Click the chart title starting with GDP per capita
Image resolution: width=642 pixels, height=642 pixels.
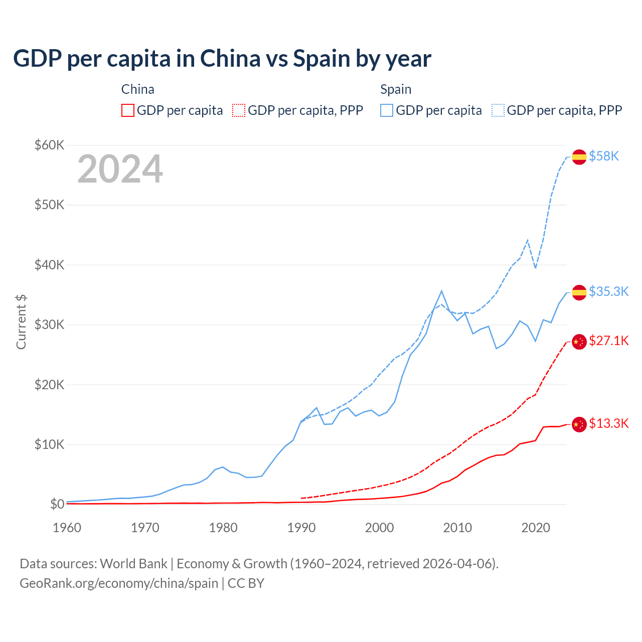[x=222, y=59]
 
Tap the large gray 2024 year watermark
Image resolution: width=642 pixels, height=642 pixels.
[x=120, y=169]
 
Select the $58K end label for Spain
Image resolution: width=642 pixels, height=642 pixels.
[x=604, y=156]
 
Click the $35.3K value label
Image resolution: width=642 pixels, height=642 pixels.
[x=608, y=291]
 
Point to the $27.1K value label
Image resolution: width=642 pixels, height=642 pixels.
[x=608, y=341]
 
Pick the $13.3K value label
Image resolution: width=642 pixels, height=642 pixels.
[x=608, y=424]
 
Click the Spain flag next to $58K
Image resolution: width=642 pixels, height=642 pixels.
[x=579, y=157]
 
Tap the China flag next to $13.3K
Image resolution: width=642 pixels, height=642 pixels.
[x=579, y=424]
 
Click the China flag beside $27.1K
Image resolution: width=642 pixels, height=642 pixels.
[x=579, y=342]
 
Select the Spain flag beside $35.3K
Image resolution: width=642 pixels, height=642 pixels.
[x=579, y=292]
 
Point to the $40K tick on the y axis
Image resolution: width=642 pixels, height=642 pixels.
[x=49, y=265]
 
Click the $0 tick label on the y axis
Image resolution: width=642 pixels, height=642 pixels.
[x=57, y=504]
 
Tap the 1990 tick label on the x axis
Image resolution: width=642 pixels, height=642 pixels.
[x=301, y=528]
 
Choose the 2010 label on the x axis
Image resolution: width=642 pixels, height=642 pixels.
[x=457, y=528]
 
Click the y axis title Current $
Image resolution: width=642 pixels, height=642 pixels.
[x=21, y=322]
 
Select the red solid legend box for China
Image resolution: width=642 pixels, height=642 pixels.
[x=128, y=110]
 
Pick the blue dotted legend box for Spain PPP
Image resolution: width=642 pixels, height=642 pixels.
[x=498, y=110]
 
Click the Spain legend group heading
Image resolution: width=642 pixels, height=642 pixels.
[x=396, y=89]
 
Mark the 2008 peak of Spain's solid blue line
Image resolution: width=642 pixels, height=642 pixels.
[x=441, y=291]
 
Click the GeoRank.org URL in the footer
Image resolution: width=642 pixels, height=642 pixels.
[x=119, y=583]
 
